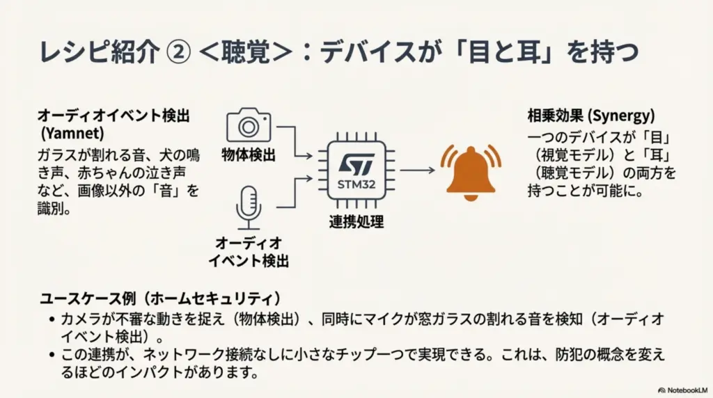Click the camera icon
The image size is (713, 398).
click(248, 125)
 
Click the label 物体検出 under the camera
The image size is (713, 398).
click(249, 154)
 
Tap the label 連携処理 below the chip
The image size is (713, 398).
click(356, 223)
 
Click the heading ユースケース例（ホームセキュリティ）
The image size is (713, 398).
click(160, 299)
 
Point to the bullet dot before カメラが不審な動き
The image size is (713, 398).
click(53, 320)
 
